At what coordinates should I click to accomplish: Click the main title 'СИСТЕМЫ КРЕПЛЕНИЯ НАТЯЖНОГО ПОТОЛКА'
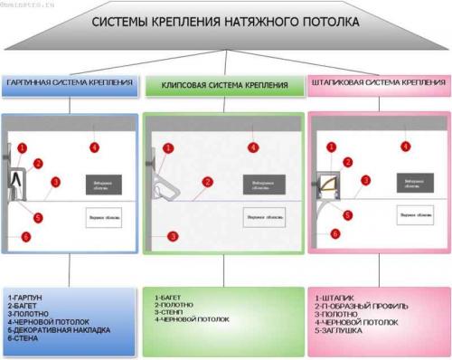tap(226, 20)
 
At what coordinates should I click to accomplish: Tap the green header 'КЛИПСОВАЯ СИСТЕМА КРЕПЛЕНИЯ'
tap(225, 85)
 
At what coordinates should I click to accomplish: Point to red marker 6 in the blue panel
tap(25, 237)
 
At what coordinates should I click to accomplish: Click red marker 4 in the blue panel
tap(94, 147)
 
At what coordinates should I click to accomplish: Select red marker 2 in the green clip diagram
tap(208, 182)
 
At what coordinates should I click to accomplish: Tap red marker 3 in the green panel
tap(173, 236)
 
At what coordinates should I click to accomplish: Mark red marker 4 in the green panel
tap(253, 147)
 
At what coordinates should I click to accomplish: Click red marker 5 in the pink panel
tap(348, 214)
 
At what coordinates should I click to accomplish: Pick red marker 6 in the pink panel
tap(335, 233)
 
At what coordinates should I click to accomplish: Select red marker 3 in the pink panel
tap(365, 180)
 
